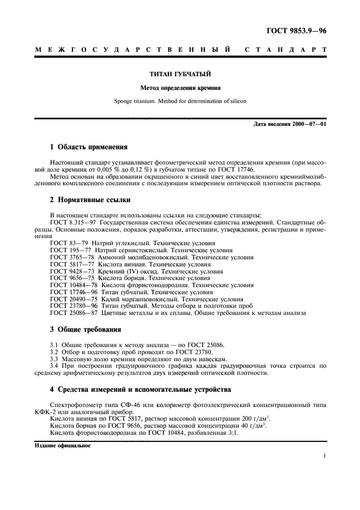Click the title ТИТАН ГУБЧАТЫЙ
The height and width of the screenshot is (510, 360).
(180, 73)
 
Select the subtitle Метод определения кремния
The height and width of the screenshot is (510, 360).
(180, 87)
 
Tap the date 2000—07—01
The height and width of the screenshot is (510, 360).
(309, 124)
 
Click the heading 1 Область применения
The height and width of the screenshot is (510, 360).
(89, 147)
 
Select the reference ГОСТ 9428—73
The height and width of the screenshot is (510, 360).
(72, 271)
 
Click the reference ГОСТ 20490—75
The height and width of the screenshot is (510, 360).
(74, 299)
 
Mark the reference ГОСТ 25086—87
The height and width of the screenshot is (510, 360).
(74, 313)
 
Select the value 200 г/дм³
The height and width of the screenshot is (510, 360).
(256, 418)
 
